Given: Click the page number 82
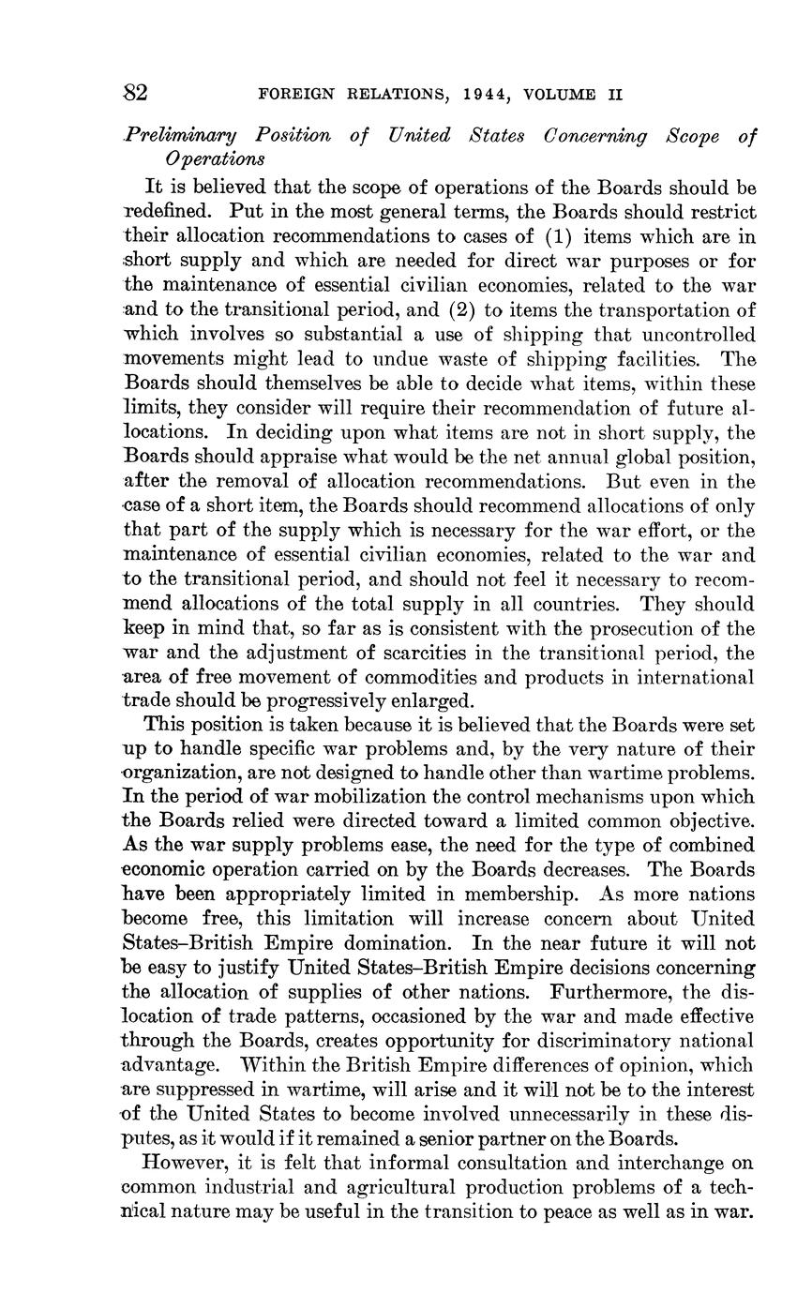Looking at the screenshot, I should [136, 93].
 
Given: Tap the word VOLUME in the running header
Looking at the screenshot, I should [561, 95].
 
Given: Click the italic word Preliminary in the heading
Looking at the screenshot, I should [182, 136].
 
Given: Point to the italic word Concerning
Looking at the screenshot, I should [594, 136].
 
